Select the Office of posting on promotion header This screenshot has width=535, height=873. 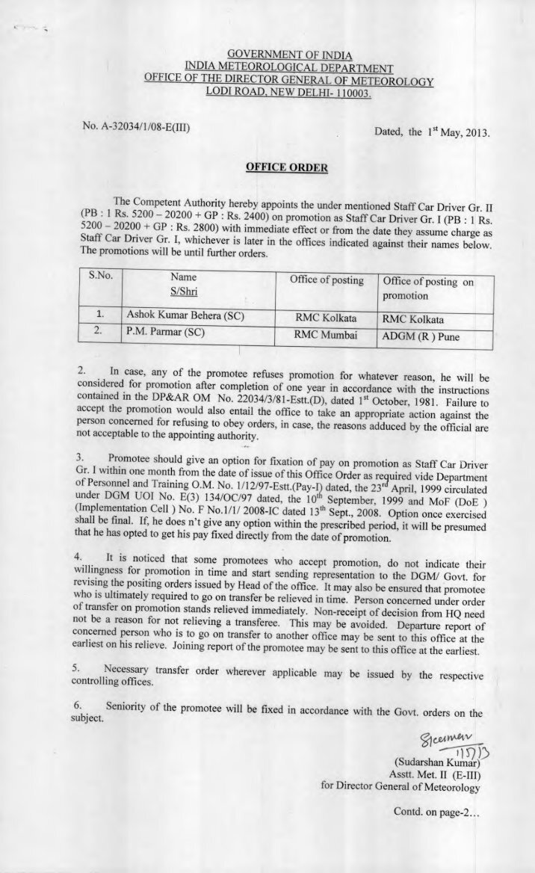[427, 288]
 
